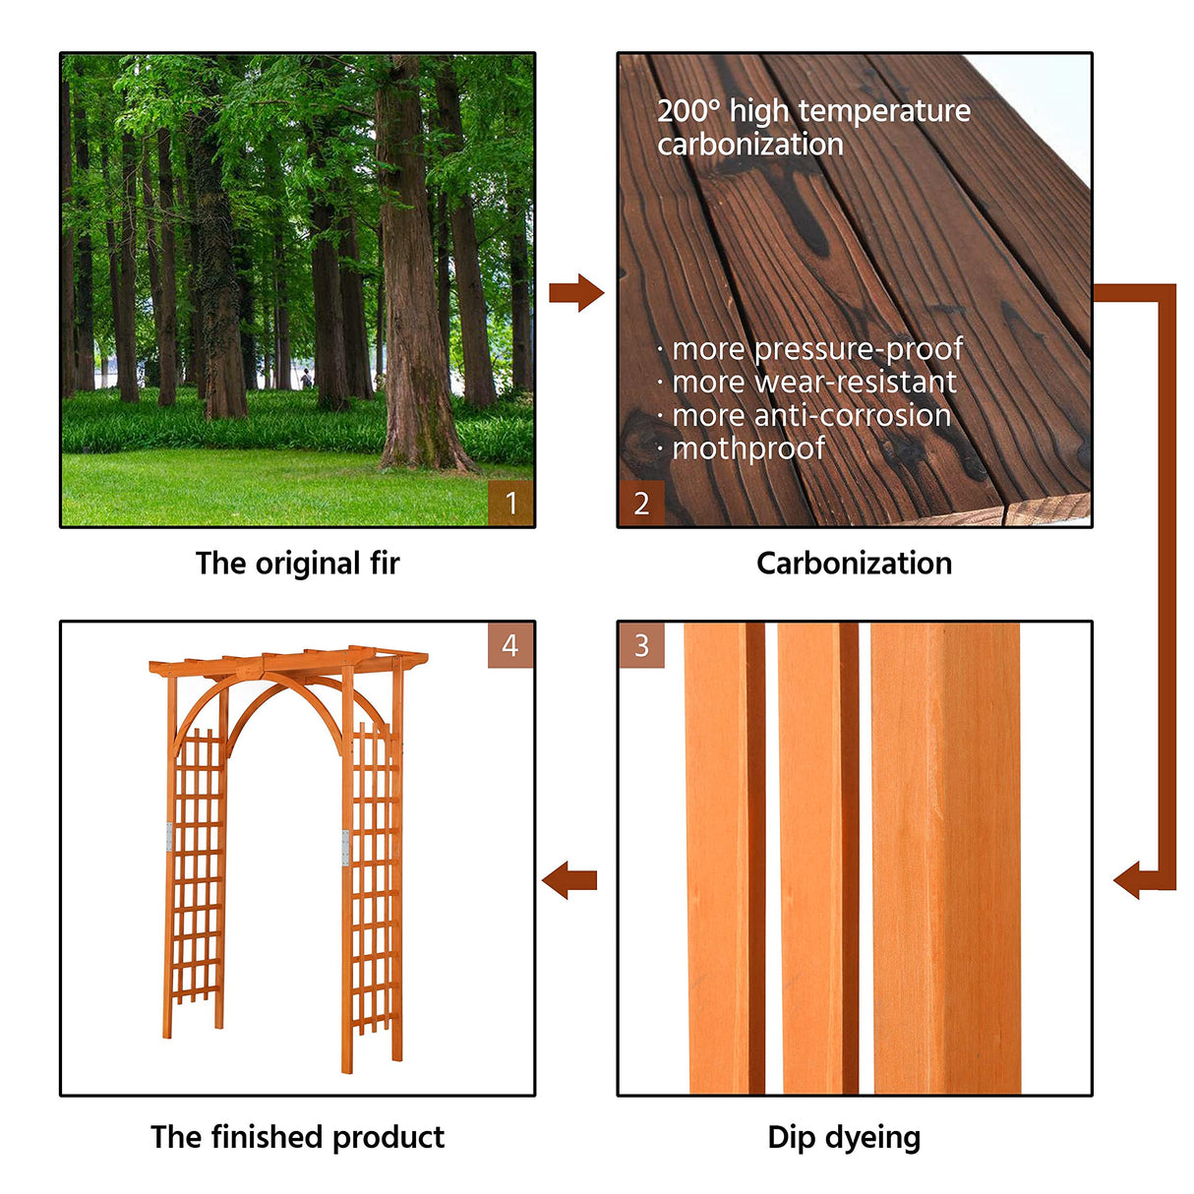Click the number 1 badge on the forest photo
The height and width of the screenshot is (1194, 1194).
click(510, 503)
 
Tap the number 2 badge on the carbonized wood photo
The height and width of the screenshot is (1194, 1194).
click(641, 504)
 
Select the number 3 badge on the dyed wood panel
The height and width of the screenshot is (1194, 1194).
click(641, 645)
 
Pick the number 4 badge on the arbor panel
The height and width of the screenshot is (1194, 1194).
click(510, 645)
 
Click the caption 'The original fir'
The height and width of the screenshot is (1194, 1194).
click(297, 564)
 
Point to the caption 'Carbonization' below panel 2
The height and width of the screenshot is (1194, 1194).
click(854, 564)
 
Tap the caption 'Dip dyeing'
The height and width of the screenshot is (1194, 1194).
click(844, 1138)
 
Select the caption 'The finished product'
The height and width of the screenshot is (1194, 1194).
click(297, 1138)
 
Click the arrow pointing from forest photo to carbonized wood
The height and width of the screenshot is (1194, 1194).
click(576, 293)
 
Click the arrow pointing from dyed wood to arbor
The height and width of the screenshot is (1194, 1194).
click(569, 879)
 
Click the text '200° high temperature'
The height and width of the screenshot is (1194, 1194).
click(813, 111)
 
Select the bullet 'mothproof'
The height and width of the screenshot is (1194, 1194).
click(746, 448)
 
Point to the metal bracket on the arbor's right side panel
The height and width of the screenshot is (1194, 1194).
click(345, 848)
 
